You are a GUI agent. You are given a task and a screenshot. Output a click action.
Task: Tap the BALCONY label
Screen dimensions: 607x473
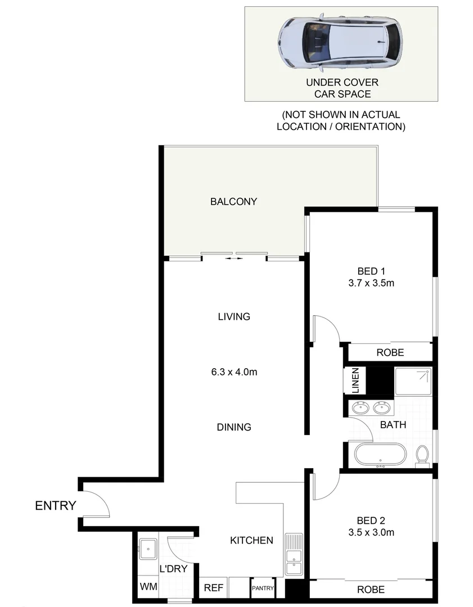coord(233,201)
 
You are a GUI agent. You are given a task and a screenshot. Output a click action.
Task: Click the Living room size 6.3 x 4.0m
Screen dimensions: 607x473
coord(234,372)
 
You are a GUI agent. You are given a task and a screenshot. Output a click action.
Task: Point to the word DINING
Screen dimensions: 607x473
coord(234,427)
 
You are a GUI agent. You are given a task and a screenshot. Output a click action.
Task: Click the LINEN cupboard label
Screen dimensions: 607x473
coord(355,380)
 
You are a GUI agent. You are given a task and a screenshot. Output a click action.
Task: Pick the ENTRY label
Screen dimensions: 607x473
coord(55,506)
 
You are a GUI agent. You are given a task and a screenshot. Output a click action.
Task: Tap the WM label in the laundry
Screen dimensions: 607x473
coord(149,587)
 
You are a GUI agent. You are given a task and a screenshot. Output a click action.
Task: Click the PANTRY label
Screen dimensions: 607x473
coord(263,589)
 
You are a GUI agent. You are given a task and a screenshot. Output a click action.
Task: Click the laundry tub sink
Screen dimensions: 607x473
coord(148,547)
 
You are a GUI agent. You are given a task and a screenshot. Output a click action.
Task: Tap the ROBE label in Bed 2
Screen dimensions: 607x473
coord(371,590)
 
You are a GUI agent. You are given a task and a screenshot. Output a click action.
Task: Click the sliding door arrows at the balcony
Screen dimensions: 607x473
coord(234,259)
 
